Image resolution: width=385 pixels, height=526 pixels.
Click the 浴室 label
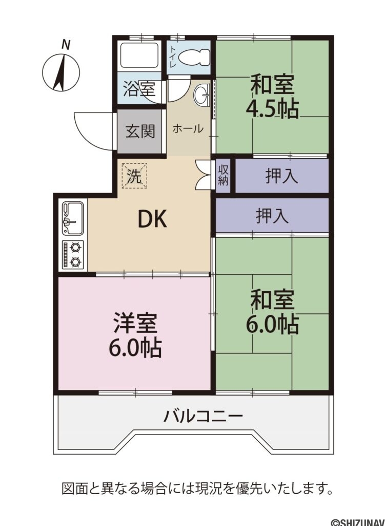pyautogui.click(x=139, y=89)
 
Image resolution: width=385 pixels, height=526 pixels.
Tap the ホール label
pyautogui.click(x=188, y=128)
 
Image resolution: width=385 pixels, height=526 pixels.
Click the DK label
pyautogui.click(x=152, y=220)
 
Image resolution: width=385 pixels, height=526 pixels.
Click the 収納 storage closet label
pyautogui.click(x=223, y=175)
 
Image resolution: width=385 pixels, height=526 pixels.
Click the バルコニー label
pyautogui.click(x=203, y=417)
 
